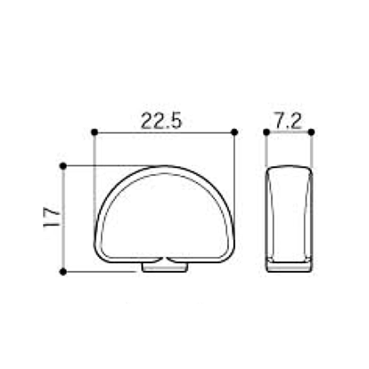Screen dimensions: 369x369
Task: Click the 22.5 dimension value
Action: click(x=161, y=121)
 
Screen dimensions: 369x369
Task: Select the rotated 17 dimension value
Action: click(x=51, y=217)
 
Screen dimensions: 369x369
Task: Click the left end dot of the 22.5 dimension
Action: click(x=94, y=132)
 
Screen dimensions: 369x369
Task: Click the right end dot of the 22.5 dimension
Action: click(x=235, y=132)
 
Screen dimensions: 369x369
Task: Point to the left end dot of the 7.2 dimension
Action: click(x=266, y=132)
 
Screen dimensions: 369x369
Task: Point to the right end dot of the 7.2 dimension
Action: click(x=311, y=132)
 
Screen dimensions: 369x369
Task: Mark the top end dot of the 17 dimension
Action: click(x=63, y=166)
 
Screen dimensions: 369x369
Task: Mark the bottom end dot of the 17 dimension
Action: click(x=63, y=271)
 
